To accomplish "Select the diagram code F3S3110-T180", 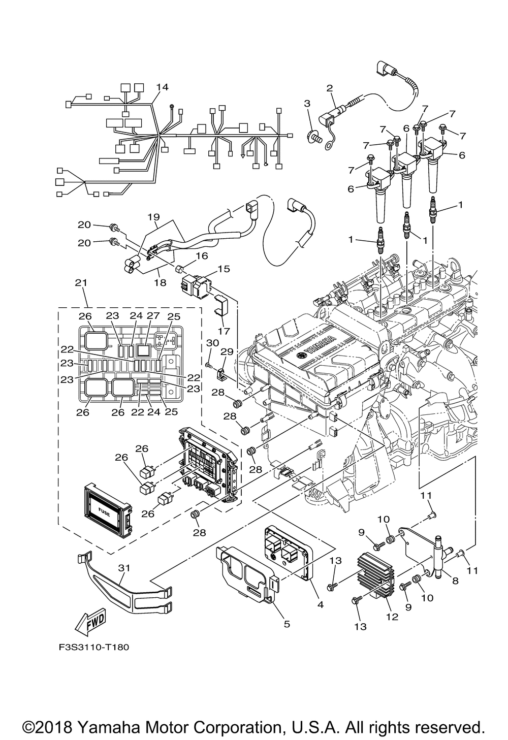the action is point(94,647).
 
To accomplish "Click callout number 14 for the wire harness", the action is point(162,87).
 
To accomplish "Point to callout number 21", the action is point(81,283).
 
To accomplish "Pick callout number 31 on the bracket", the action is point(124,568).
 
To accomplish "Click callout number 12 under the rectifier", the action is point(392,617).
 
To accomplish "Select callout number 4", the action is point(320,605).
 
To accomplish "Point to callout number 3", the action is point(307,104).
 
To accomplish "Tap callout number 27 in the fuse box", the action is point(153,315).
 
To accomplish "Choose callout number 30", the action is point(212,343).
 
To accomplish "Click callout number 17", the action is point(224,331).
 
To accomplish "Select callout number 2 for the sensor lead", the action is point(330,88).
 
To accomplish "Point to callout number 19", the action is point(154,217).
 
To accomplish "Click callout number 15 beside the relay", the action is point(224,269).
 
